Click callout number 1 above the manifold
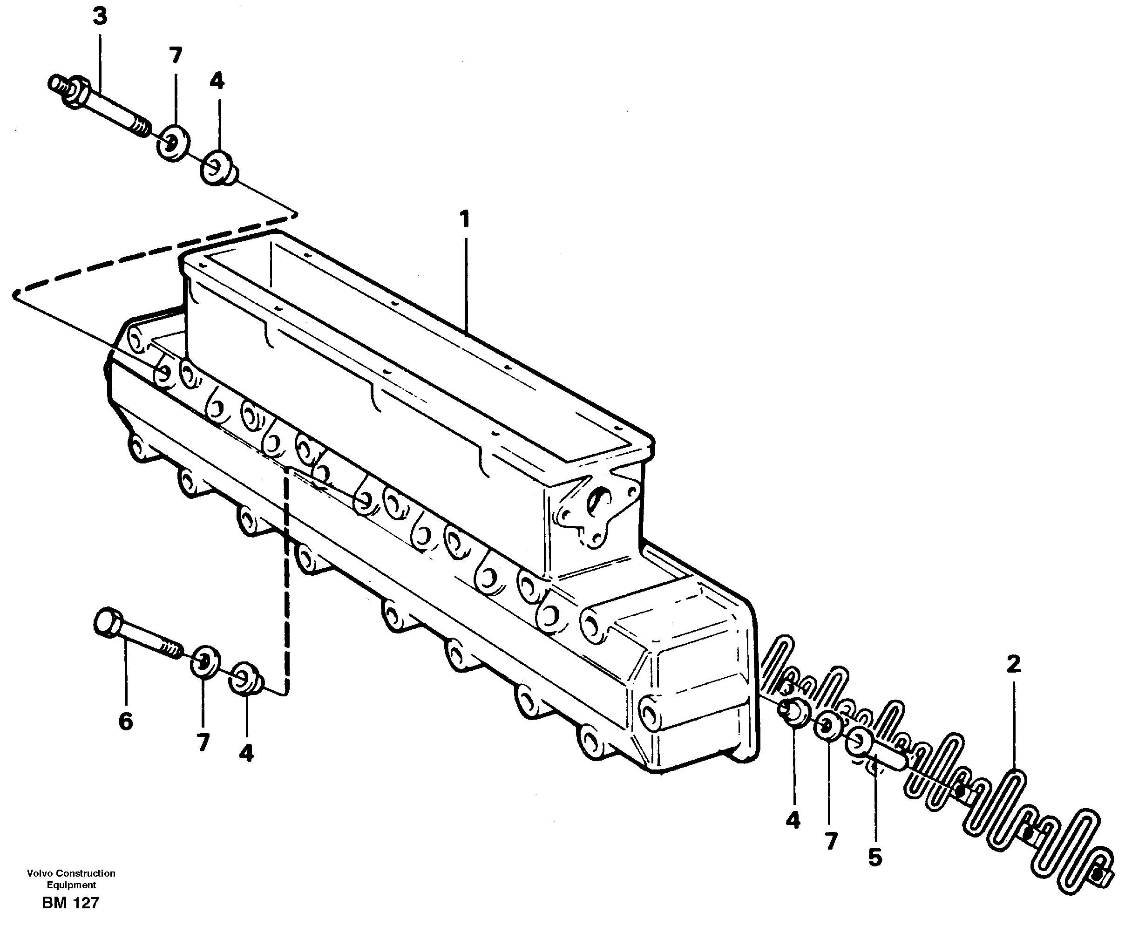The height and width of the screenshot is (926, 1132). coord(465,219)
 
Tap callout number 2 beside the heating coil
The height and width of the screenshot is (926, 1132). coord(1014,664)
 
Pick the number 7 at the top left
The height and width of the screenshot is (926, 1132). coord(176,55)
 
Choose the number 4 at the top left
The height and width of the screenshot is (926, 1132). coord(217,81)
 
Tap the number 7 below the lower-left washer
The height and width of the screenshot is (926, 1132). coord(203,742)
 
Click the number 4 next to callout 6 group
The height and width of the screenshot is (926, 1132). coord(246,753)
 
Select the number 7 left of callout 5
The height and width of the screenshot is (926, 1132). coord(831,841)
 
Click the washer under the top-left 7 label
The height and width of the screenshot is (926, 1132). coord(173,143)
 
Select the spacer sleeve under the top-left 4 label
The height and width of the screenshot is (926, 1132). coord(217,169)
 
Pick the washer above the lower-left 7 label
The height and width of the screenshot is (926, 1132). coord(205,662)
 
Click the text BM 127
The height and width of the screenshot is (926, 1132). coord(70,903)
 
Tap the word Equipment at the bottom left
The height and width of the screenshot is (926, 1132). coord(71,885)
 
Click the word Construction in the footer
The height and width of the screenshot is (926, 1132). coord(85,873)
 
